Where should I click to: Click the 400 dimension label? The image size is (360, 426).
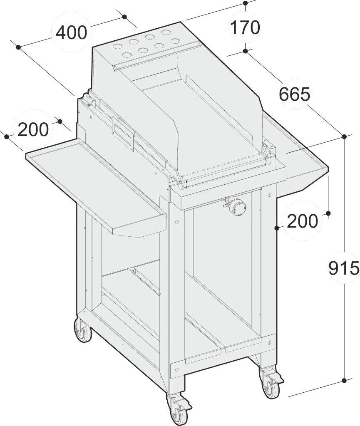(x=71, y=32)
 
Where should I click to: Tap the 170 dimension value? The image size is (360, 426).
(x=245, y=27)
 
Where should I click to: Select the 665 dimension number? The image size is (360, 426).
(x=295, y=95)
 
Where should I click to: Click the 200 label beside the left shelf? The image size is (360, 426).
(x=33, y=130)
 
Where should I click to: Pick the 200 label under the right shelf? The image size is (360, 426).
(x=302, y=221)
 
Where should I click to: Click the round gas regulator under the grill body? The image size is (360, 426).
(x=237, y=207)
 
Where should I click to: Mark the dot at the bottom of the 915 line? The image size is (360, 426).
(x=344, y=380)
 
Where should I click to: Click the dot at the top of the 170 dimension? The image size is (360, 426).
(x=246, y=4)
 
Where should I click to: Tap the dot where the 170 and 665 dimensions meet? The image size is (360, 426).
(x=246, y=51)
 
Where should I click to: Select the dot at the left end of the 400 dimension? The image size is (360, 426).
(x=18, y=47)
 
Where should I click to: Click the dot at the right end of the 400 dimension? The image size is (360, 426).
(x=124, y=17)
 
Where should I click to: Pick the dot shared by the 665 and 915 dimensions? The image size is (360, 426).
(x=344, y=136)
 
